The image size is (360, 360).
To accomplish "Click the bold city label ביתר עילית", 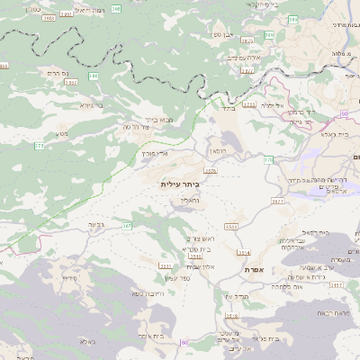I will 184,184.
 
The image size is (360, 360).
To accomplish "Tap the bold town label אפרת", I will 252,269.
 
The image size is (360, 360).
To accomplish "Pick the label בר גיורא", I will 92,105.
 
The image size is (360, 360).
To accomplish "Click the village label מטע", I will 61,134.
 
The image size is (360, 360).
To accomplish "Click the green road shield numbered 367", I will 127,225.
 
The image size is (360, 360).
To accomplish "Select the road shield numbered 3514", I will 243,253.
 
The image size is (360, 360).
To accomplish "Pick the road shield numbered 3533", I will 231,227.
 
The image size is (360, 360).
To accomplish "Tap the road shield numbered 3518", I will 231,317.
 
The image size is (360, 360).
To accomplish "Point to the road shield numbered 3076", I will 211,170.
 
